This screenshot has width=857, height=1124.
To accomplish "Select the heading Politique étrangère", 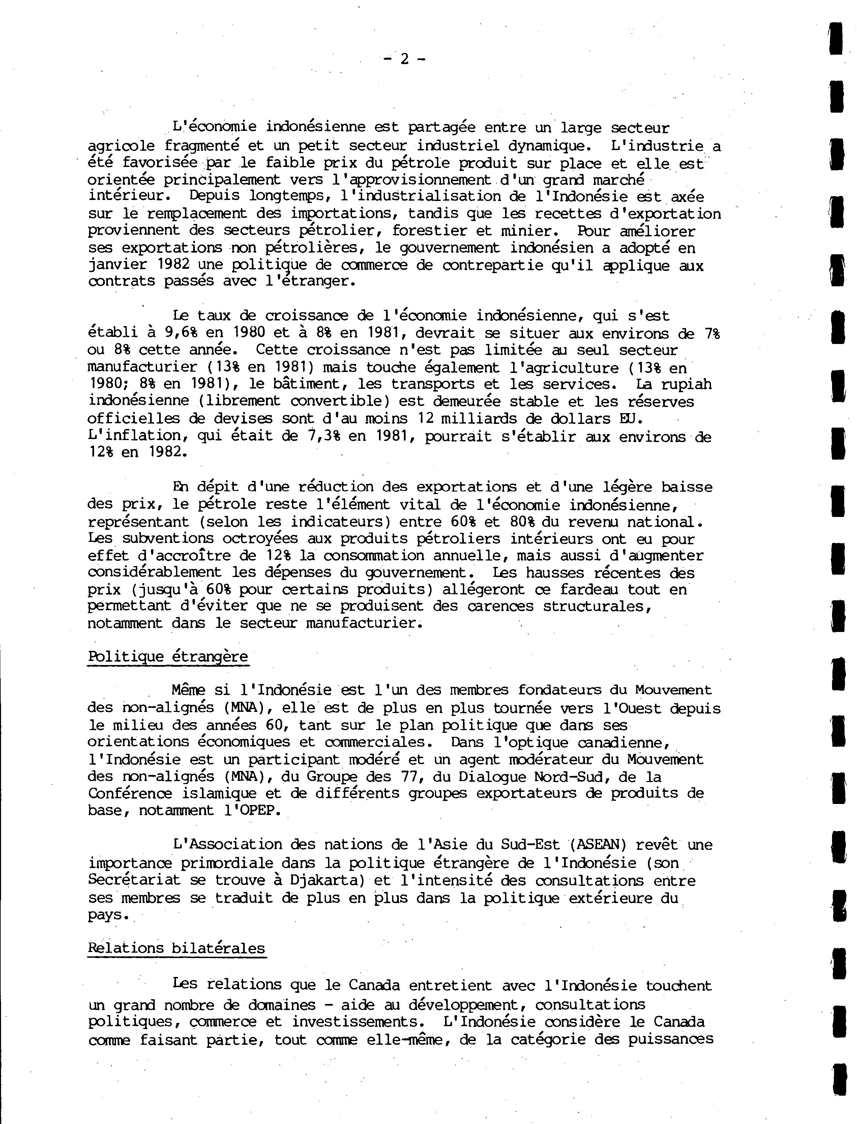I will coord(168,656).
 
